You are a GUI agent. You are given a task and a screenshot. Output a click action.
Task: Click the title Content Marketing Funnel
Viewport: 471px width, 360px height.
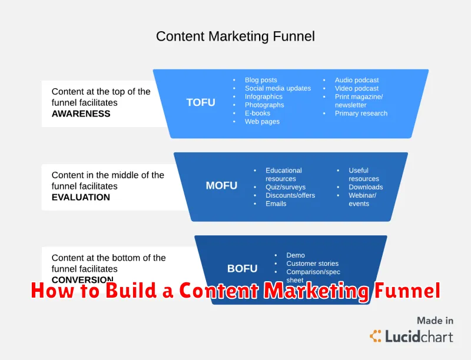click(x=235, y=36)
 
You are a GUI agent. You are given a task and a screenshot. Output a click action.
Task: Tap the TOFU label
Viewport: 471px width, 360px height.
click(x=201, y=102)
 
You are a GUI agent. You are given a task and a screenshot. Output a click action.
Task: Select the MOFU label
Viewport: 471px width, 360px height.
click(x=221, y=186)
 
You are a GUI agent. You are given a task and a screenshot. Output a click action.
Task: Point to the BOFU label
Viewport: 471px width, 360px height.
click(x=242, y=269)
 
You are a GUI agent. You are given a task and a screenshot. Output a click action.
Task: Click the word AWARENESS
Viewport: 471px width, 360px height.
click(x=81, y=114)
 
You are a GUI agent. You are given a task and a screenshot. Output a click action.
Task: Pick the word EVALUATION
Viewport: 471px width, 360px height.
click(x=81, y=197)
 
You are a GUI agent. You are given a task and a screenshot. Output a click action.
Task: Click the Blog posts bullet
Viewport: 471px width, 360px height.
click(x=261, y=80)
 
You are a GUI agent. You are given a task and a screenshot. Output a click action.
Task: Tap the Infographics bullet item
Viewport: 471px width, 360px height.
click(x=264, y=96)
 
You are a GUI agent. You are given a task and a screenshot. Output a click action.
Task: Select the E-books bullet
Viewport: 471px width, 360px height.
click(x=257, y=113)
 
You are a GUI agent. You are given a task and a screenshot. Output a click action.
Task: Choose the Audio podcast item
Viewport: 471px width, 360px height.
click(x=357, y=80)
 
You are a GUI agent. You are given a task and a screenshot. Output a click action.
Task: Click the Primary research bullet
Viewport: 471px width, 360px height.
click(x=361, y=113)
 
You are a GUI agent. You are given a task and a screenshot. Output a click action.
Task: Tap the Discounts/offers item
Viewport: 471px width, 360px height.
click(x=290, y=195)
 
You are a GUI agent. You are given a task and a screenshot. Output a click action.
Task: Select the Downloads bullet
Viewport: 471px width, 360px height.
click(x=366, y=187)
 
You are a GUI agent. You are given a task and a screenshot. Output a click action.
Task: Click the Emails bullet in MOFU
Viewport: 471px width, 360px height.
click(x=276, y=204)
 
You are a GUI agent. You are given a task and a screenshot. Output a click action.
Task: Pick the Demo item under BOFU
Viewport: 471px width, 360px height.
click(x=296, y=255)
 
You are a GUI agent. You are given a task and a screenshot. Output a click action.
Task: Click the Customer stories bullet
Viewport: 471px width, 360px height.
click(x=312, y=264)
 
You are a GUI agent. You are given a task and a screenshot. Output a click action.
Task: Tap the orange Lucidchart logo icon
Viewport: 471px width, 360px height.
click(x=375, y=336)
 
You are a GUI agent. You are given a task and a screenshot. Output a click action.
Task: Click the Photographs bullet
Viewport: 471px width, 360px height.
click(x=264, y=105)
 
